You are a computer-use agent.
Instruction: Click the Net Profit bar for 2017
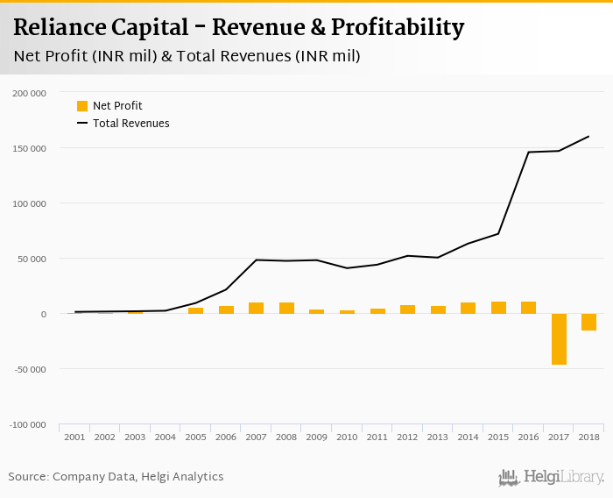(x=559, y=338)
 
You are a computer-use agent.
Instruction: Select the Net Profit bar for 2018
(x=588, y=322)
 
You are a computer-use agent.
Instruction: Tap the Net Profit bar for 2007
(x=256, y=308)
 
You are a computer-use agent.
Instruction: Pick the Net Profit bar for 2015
(x=498, y=307)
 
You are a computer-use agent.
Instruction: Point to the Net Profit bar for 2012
(x=407, y=309)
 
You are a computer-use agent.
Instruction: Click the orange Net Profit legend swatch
(x=82, y=106)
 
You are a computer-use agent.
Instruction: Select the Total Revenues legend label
(x=130, y=124)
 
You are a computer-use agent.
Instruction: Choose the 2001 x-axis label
(x=74, y=437)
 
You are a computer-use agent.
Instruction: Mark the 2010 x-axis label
(x=347, y=437)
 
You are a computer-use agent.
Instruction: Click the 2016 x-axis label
(x=528, y=437)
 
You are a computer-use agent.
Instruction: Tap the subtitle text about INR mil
(x=187, y=56)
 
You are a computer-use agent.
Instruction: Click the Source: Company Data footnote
(x=116, y=477)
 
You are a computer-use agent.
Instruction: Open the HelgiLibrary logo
(x=551, y=478)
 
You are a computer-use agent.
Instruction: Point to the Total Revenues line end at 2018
(x=588, y=136)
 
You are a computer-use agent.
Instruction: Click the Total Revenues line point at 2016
(x=528, y=152)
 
